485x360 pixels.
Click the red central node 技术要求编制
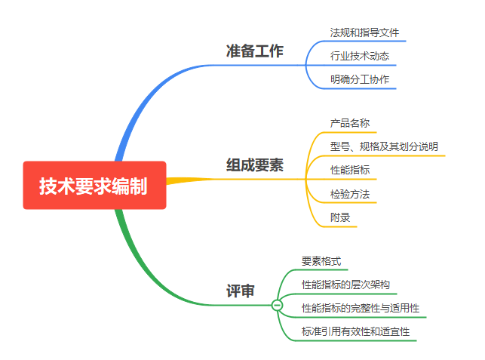[x=94, y=185]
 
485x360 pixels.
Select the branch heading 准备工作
[x=255, y=51]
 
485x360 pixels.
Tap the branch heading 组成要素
[x=255, y=165]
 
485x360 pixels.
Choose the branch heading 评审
[x=241, y=291]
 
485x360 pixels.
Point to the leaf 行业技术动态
[x=360, y=56]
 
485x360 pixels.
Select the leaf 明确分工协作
[x=360, y=79]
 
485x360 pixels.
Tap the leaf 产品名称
[x=349, y=122]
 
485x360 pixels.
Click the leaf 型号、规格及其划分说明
[x=384, y=146]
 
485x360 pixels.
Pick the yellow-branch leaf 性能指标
[x=349, y=170]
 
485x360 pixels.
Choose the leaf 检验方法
[x=349, y=194]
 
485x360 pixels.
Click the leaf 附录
[x=339, y=217]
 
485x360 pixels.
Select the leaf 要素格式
[x=321, y=261]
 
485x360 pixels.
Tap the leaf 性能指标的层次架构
[x=345, y=285]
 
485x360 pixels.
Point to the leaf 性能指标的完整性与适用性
[x=361, y=308]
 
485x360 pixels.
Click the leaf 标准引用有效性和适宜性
[x=355, y=331]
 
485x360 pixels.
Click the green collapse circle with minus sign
[x=277, y=305]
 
